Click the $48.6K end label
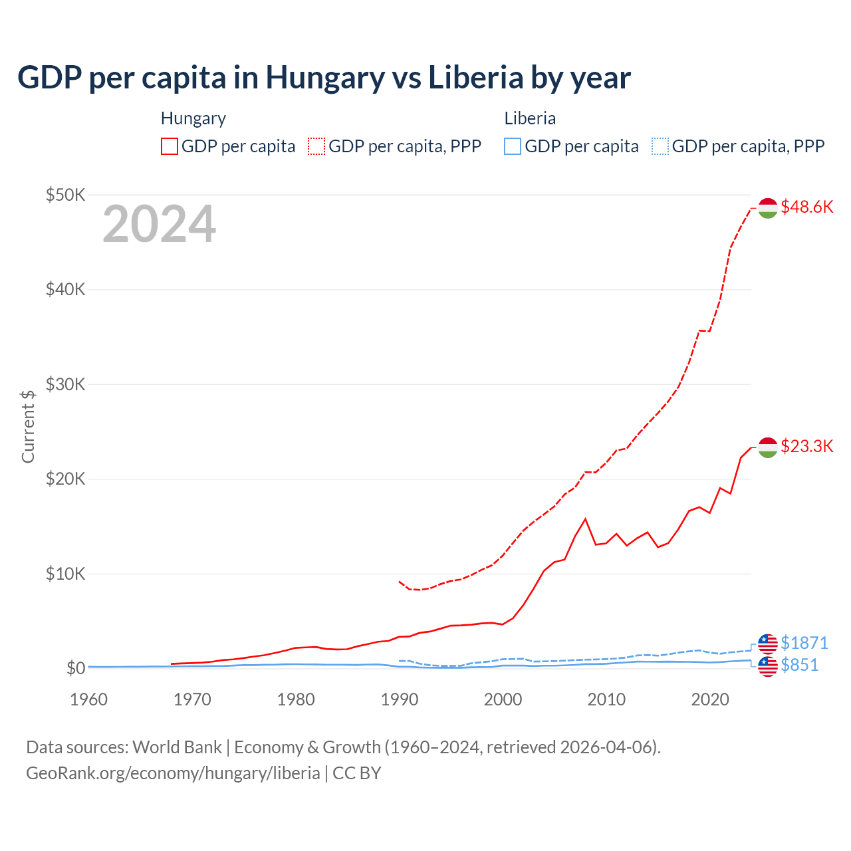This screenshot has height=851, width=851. [x=806, y=207]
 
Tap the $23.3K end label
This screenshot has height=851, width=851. [x=806, y=446]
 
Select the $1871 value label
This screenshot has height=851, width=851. [x=804, y=643]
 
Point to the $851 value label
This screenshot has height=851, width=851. [x=799, y=665]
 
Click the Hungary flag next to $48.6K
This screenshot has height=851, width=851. [x=768, y=208]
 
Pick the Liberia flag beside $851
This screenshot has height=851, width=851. [x=768, y=666]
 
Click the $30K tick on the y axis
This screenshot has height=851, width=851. [x=65, y=384]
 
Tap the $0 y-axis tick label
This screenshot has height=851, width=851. [x=76, y=668]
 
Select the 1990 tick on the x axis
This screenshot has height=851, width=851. [x=400, y=699]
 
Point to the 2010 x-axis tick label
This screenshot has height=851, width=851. [x=606, y=699]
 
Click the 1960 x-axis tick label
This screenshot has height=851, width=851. [x=89, y=699]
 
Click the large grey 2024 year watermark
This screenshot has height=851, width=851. [x=159, y=224]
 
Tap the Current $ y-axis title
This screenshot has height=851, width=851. [x=28, y=426]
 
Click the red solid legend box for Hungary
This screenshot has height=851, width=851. [x=170, y=146]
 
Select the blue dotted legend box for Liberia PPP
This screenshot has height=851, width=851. [x=660, y=146]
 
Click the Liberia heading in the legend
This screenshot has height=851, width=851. [x=530, y=118]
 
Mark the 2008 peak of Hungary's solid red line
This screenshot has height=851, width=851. [x=585, y=519]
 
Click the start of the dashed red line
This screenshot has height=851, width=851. [x=399, y=581]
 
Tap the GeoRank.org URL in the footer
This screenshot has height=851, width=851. [x=173, y=773]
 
